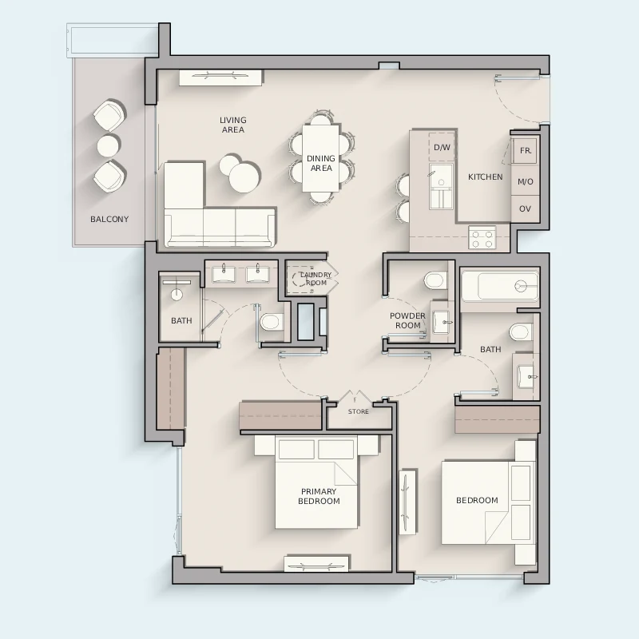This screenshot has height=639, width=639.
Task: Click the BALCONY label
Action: pos(109,219)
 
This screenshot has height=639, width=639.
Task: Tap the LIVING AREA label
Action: pos(232,125)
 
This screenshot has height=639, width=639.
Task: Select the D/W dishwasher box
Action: pos(442,147)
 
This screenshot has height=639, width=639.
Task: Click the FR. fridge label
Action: pos(526,150)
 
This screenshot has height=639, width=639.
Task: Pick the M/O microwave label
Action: pos(526,182)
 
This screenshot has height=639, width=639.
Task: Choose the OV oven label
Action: pos(525,208)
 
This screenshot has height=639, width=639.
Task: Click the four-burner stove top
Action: pos(482,236)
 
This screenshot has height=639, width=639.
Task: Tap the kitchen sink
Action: pos(441,187)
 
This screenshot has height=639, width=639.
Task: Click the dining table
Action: pos(321,158)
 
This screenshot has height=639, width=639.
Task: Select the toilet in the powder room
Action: pos(435,280)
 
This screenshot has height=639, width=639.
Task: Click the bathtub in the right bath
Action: pos(500,286)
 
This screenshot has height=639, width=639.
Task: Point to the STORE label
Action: pos(358,411)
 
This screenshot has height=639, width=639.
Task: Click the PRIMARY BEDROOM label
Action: pos(319,496)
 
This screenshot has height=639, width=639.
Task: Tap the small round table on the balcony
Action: pos(109,145)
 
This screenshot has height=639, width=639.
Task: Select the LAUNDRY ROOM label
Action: pos(316,279)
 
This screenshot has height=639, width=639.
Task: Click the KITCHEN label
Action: pos(485,177)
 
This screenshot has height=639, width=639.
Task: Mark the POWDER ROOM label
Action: pos(407,321)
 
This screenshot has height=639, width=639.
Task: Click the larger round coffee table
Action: pos(244,177)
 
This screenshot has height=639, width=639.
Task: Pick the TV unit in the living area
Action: pos(220,77)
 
